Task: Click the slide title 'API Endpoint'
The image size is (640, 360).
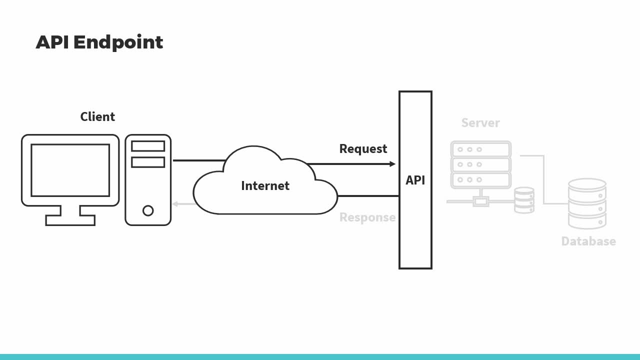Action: pyautogui.click(x=99, y=42)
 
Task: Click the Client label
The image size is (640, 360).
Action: pyautogui.click(x=97, y=117)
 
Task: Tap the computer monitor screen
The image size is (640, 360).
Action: pyautogui.click(x=70, y=170)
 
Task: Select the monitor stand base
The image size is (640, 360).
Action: pyautogui.click(x=70, y=220)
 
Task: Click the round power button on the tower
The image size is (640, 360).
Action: pyautogui.click(x=148, y=210)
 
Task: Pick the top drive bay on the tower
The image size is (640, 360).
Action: pyautogui.click(x=148, y=146)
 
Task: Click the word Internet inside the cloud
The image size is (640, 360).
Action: pyautogui.click(x=265, y=186)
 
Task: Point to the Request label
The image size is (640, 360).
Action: pyautogui.click(x=363, y=149)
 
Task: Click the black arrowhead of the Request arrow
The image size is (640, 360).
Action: pyautogui.click(x=392, y=164)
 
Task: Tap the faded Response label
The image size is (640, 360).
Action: pyautogui.click(x=367, y=217)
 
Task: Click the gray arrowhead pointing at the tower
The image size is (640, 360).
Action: pyautogui.click(x=175, y=204)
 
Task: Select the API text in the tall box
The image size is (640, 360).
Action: pyautogui.click(x=415, y=180)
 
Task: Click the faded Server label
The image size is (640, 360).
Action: pyautogui.click(x=480, y=123)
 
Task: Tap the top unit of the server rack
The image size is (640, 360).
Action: pyautogui.click(x=480, y=149)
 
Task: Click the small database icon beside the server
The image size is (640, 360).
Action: pyautogui.click(x=524, y=200)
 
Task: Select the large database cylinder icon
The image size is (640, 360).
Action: pyautogui.click(x=587, y=203)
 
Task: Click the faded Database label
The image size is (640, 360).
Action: pyautogui.click(x=588, y=241)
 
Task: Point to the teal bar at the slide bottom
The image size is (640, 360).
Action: pyautogui.click(x=320, y=357)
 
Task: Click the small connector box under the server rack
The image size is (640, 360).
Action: pyautogui.click(x=481, y=202)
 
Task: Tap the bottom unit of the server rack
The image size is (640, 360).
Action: pyautogui.click(x=480, y=180)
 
